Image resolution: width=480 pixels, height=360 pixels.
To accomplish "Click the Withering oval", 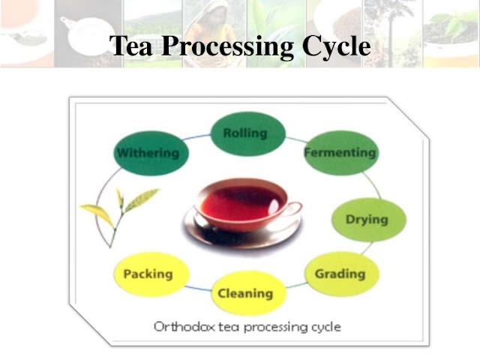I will point(148,153).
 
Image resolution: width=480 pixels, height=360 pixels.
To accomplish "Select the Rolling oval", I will point(244,134).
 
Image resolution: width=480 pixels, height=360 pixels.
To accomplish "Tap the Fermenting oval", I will point(339,153).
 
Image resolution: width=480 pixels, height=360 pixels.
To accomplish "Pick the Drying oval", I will point(367,220).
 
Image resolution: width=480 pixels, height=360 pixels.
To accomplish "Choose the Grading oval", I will point(340,273).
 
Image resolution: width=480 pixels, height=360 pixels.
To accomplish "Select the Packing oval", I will point(148,274).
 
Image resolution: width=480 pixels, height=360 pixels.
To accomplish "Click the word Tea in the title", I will point(133,47).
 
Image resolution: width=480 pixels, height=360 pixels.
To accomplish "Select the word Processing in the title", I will point(229,47).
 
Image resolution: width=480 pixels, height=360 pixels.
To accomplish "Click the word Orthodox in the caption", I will point(181,327).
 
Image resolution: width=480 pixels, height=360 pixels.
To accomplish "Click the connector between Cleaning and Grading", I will point(295,286).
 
